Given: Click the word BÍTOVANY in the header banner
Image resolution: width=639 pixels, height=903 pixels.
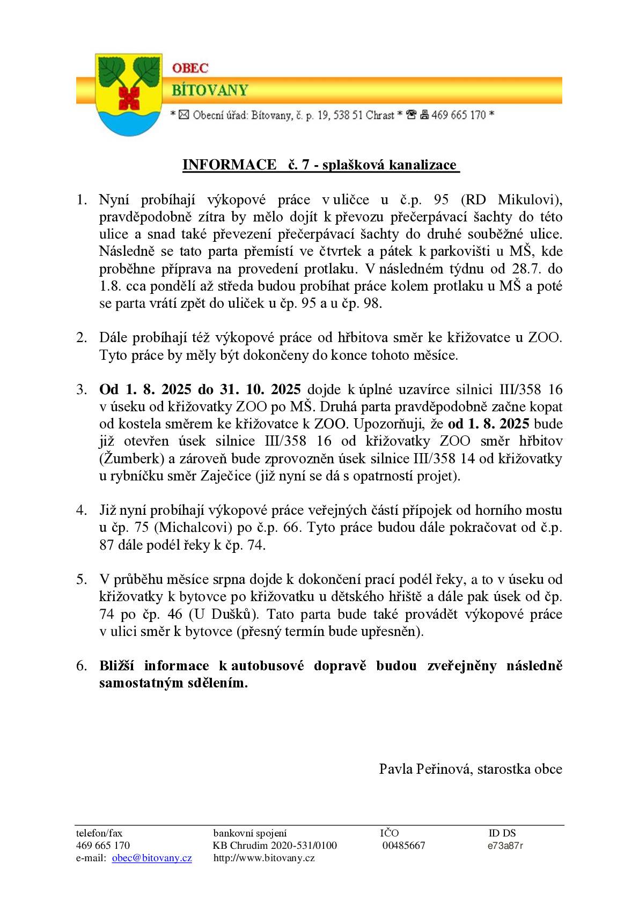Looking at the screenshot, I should (x=209, y=90).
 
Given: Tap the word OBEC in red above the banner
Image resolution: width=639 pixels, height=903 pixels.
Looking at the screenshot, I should (x=190, y=68).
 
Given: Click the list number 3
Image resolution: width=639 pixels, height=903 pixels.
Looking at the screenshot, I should (x=81, y=389).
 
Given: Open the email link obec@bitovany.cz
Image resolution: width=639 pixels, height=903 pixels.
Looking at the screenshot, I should (x=152, y=858).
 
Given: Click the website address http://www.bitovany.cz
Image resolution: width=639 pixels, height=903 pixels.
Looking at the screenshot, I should (x=264, y=858).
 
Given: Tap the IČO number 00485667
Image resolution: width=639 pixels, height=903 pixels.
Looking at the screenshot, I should (x=403, y=846).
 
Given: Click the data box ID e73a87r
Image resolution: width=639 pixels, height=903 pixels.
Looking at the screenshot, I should (x=505, y=846).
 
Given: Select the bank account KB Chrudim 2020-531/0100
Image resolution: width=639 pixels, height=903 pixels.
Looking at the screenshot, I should (x=275, y=846).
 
